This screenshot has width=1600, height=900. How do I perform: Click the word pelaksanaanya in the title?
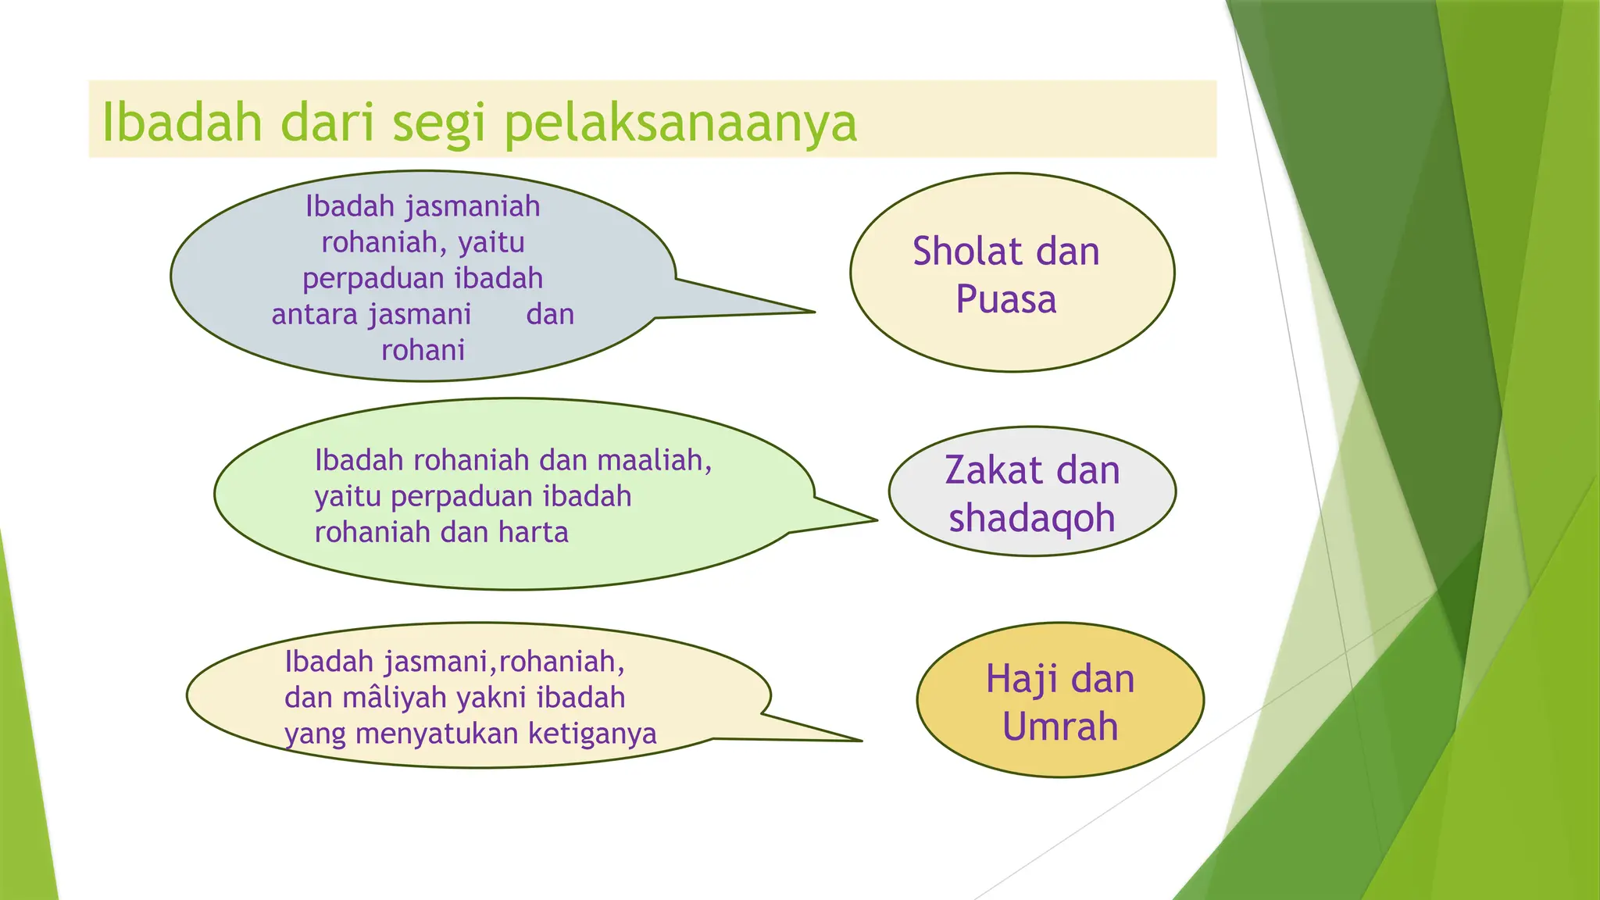(680, 123)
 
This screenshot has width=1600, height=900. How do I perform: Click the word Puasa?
(1006, 300)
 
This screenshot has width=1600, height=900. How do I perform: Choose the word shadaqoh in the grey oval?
(1031, 519)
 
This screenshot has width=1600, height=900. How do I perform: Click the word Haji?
(1020, 678)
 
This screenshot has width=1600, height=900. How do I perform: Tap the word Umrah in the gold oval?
(1060, 727)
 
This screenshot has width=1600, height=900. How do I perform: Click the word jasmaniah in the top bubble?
(472, 207)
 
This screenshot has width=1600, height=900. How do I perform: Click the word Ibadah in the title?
(181, 123)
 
